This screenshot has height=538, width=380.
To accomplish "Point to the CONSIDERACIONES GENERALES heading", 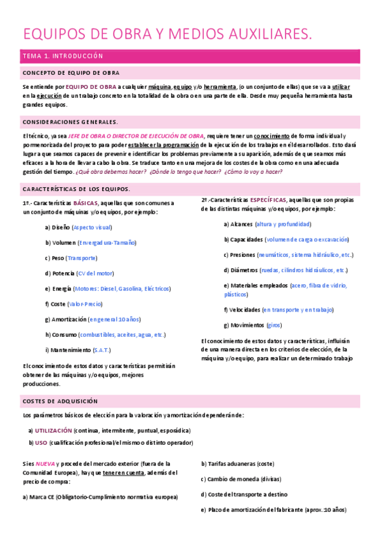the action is tap(70, 121).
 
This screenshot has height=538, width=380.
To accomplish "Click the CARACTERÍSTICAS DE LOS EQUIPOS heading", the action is tap(76, 189).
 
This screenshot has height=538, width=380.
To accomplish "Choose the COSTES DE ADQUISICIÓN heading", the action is tap(60, 401).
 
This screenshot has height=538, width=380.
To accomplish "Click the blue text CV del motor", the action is tap(95, 273).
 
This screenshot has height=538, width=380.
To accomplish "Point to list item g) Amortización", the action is tap(65, 319).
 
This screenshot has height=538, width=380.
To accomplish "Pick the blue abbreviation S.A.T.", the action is tap(102, 350).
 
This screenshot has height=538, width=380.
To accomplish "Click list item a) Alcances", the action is tap(238, 224).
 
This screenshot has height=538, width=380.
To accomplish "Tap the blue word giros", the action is tap(274, 325).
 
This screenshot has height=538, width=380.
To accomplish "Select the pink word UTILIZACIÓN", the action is tap(53, 430).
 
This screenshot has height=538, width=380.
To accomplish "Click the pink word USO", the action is tap(42, 442).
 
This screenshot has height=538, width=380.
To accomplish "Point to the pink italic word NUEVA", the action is tap(45, 464).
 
